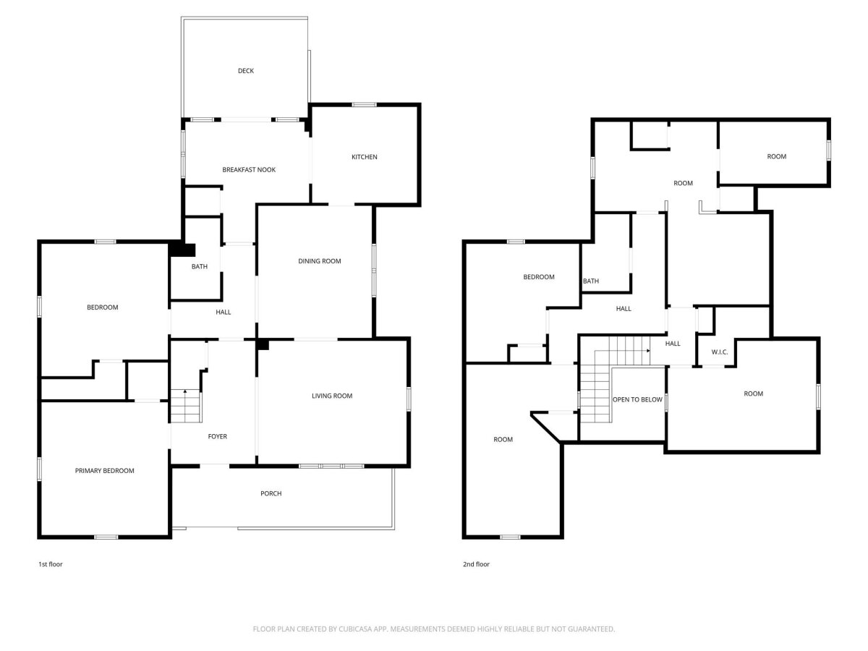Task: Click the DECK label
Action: coord(245,71)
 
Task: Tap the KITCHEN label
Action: coord(365,157)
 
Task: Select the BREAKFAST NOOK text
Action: coord(249,169)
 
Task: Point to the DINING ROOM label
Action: coord(320,261)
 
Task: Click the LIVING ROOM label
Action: coord(332,396)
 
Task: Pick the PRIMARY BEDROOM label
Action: coord(104,470)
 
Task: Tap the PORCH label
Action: coord(271,493)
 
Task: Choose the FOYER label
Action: coord(218,436)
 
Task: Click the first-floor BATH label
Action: coord(200,266)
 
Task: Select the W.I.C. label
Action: coord(719,352)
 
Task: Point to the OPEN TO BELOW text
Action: coord(637,399)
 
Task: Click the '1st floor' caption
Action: coord(50,564)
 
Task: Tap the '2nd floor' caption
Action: coord(476,564)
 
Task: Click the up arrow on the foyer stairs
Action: coord(185,391)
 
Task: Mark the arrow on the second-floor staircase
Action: coord(648,351)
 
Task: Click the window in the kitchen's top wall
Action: coord(365,105)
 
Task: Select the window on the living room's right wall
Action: coord(409,399)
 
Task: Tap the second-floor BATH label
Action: coord(591,281)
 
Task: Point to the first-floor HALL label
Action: coord(223,312)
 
